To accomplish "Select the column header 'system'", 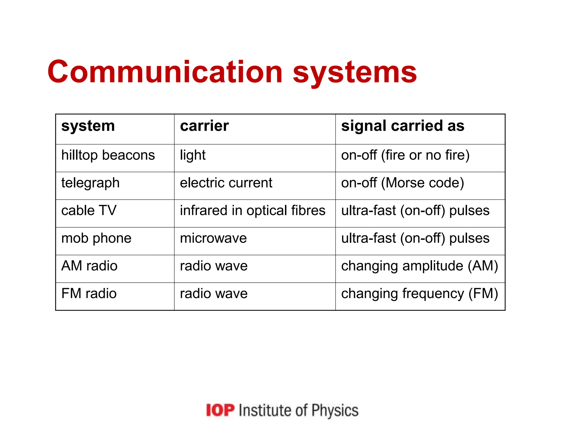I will (x=88, y=126).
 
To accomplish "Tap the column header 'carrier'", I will (x=204, y=126).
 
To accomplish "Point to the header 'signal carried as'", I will (x=403, y=126).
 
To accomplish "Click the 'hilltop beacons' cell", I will (x=108, y=155).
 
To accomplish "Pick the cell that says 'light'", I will (x=193, y=155).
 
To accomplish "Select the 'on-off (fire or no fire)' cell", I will (x=405, y=155).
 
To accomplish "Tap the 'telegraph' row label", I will (x=90, y=183).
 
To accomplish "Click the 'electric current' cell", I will (x=226, y=183).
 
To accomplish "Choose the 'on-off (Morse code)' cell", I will (x=403, y=183).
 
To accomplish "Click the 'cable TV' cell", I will (x=89, y=210).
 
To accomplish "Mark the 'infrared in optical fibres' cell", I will (x=252, y=210).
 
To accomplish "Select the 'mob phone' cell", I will (x=96, y=238).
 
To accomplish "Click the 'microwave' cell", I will (x=213, y=238).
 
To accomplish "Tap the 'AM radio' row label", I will (x=89, y=266).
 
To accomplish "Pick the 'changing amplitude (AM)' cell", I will (x=419, y=266).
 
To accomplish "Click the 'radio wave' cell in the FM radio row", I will (x=214, y=293).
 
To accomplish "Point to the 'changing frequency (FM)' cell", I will (x=419, y=293).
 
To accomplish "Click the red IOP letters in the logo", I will (x=220, y=410).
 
